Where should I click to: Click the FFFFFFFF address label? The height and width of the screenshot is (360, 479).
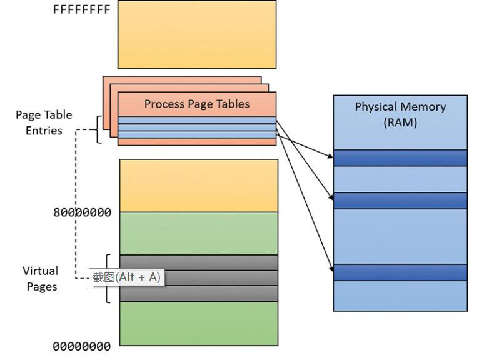[81, 9]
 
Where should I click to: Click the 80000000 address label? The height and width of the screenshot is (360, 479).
[82, 212]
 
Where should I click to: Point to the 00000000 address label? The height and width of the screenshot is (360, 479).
[81, 347]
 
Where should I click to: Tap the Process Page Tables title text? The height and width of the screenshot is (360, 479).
[197, 104]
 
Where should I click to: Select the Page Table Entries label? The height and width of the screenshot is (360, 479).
[44, 122]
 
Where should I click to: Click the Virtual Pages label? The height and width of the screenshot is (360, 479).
[41, 279]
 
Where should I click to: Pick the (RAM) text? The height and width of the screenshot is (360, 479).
[400, 122]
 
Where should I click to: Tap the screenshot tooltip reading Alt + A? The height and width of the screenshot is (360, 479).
[127, 277]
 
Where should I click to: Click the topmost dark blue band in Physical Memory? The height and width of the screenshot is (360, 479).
[400, 158]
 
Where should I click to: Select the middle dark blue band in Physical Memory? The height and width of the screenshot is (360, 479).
[400, 201]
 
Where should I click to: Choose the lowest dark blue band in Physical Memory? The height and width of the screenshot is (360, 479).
[400, 272]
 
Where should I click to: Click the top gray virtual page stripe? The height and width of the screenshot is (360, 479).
[199, 262]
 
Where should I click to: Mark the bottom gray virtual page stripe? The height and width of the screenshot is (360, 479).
[199, 294]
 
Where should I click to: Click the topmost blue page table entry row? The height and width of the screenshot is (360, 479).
[197, 120]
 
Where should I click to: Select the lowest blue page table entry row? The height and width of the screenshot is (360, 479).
[197, 134]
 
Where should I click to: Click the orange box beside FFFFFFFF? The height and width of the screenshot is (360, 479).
[197, 34]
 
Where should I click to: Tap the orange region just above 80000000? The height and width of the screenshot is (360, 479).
[199, 186]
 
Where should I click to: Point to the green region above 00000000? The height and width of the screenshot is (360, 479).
[199, 324]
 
